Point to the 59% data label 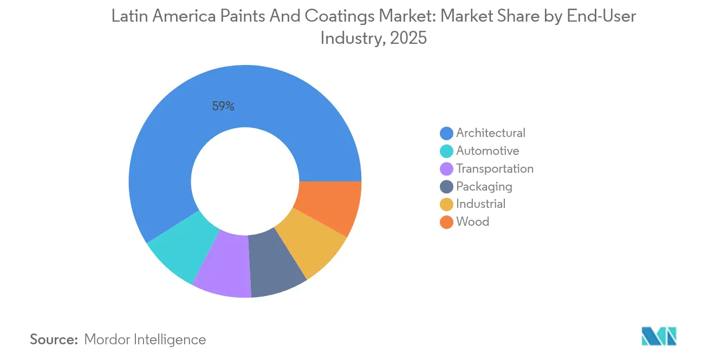(x=223, y=107)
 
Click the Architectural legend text (x=490, y=133)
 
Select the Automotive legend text (x=487, y=150)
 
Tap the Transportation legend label (x=495, y=168)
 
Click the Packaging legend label (x=484, y=186)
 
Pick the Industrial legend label (x=480, y=204)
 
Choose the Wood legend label (x=472, y=222)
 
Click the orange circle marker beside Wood (x=446, y=222)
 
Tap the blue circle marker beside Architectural (x=446, y=133)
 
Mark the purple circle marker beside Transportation (x=446, y=168)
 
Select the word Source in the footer (x=54, y=339)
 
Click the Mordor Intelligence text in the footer (x=145, y=339)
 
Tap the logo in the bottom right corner (x=659, y=336)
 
